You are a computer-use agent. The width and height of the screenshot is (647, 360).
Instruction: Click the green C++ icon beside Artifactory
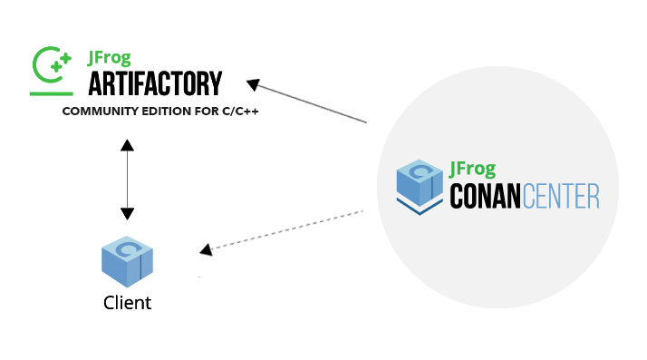tap(51, 64)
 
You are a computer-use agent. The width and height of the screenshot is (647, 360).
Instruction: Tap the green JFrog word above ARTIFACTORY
tap(107, 59)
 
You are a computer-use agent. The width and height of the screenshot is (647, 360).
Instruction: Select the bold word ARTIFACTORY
tap(154, 84)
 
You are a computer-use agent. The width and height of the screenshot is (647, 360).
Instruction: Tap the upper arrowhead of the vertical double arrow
tap(127, 145)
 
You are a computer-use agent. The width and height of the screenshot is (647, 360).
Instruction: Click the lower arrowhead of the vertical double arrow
tap(127, 214)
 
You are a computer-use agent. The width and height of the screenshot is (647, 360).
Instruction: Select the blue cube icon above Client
tap(127, 260)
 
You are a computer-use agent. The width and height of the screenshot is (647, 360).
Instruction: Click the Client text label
tap(127, 303)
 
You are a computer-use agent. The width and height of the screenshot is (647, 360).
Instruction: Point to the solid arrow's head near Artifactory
tap(254, 84)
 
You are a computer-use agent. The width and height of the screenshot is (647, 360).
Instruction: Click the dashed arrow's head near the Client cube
tap(207, 248)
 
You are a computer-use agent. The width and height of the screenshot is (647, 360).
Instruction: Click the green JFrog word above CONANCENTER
tap(472, 169)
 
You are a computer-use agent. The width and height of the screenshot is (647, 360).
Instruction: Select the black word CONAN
tap(486, 197)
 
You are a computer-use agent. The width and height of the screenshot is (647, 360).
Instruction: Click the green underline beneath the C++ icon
tap(51, 92)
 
